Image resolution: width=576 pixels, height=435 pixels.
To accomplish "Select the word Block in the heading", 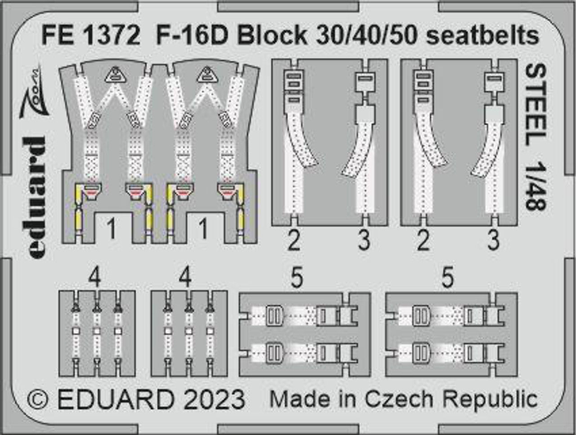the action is (272, 36).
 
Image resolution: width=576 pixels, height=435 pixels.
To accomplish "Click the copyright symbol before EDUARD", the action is (37, 399).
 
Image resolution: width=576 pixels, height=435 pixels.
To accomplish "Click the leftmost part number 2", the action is (294, 241).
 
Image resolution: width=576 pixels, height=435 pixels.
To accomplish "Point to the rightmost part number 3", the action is (493, 241).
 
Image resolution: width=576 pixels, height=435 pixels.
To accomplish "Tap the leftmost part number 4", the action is (95, 278).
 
